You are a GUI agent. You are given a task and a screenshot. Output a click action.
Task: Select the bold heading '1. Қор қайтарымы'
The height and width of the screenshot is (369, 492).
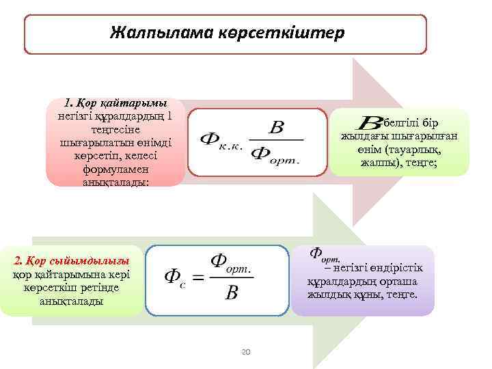[x=115, y=104]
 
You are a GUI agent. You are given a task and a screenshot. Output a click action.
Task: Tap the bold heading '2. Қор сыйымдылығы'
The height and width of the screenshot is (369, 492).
[x=72, y=261]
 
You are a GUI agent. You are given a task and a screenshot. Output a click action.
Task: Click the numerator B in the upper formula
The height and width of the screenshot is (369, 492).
[x=276, y=127]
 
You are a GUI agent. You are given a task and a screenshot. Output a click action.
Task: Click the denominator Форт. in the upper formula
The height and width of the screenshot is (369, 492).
[x=276, y=153]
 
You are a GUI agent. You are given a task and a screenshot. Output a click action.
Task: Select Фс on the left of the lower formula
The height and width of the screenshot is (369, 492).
[x=174, y=277]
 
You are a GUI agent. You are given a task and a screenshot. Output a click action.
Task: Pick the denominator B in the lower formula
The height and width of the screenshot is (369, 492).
[x=232, y=293]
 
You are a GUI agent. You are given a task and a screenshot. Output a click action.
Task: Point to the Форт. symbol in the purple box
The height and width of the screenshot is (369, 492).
[x=325, y=254]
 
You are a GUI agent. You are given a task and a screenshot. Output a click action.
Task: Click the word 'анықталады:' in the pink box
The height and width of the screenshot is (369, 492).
[x=115, y=182]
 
